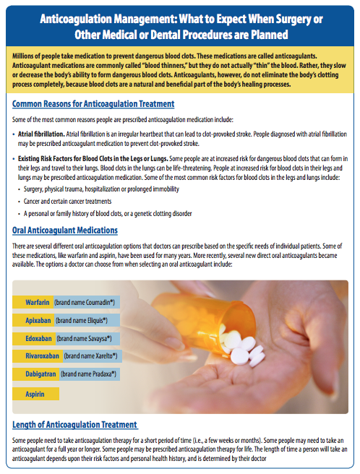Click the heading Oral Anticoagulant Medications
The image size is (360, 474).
click(65, 230)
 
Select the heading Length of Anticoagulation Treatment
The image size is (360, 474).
click(75, 424)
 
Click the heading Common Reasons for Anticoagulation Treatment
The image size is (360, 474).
click(93, 104)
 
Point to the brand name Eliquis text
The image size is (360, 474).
click(84, 319)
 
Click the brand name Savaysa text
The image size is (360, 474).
click(87, 337)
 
